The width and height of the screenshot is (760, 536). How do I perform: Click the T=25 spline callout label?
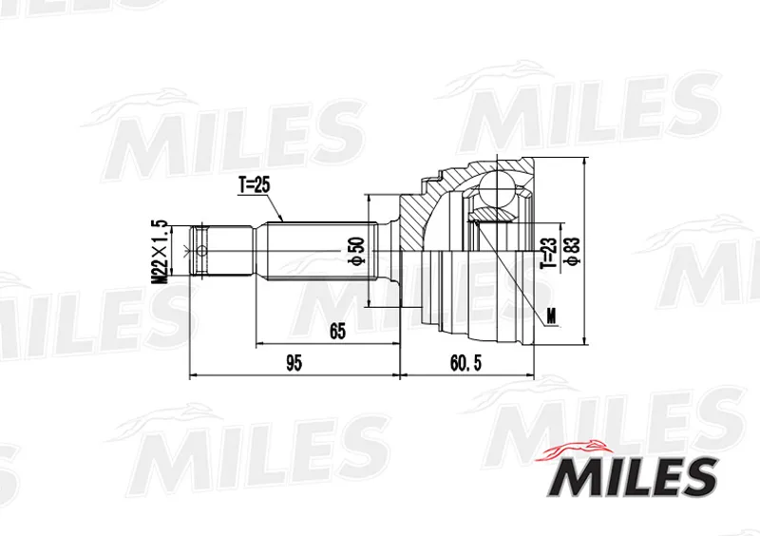(254, 185)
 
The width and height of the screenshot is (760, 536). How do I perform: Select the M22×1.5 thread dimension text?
(160, 252)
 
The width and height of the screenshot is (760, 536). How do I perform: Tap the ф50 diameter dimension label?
(358, 251)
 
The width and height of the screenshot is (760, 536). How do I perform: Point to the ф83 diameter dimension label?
(573, 251)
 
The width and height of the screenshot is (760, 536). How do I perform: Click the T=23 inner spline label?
(548, 253)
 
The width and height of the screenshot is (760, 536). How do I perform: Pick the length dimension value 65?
(337, 332)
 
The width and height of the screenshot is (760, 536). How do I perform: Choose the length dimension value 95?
(294, 363)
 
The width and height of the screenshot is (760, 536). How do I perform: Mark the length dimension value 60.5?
(465, 363)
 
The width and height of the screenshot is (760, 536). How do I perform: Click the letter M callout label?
(551, 316)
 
